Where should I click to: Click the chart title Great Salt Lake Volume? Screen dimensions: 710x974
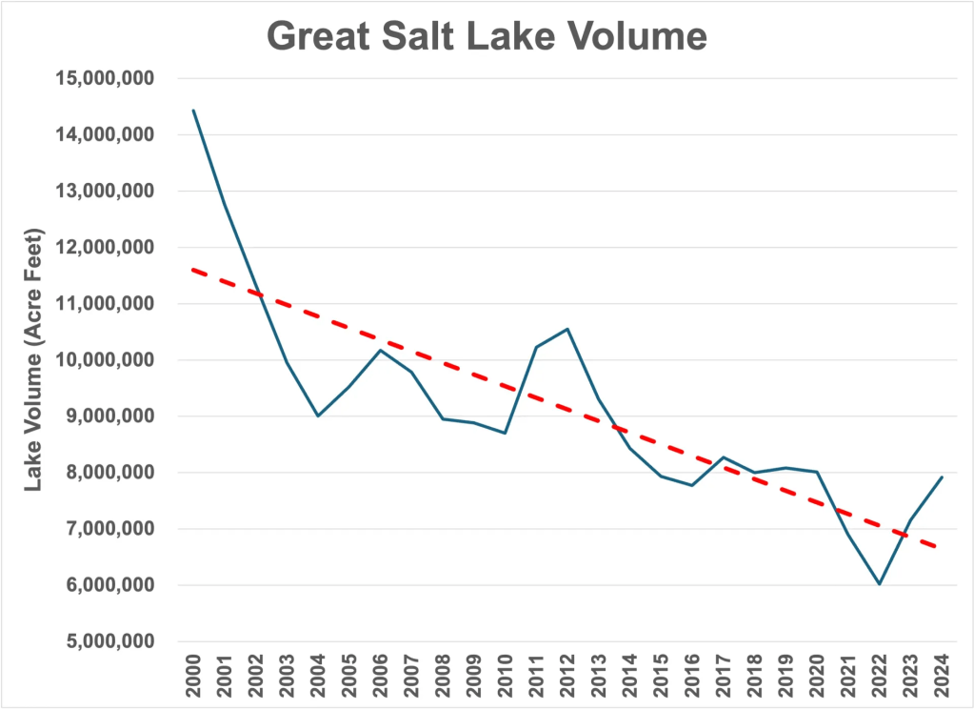487,36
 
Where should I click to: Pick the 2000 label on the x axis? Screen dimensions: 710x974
194,673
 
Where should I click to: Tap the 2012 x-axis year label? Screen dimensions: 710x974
567,673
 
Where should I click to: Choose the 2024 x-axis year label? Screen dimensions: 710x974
941,673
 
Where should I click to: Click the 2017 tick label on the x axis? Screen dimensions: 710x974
723,673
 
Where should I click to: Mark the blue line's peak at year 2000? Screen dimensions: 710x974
194,111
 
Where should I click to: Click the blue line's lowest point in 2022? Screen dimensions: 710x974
879,584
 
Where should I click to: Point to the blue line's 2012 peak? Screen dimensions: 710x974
567,329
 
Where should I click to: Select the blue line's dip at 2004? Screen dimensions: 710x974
318,416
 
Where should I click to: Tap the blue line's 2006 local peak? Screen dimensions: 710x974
381,350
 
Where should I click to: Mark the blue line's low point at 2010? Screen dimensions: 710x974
505,433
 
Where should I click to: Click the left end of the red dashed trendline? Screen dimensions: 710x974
193,270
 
